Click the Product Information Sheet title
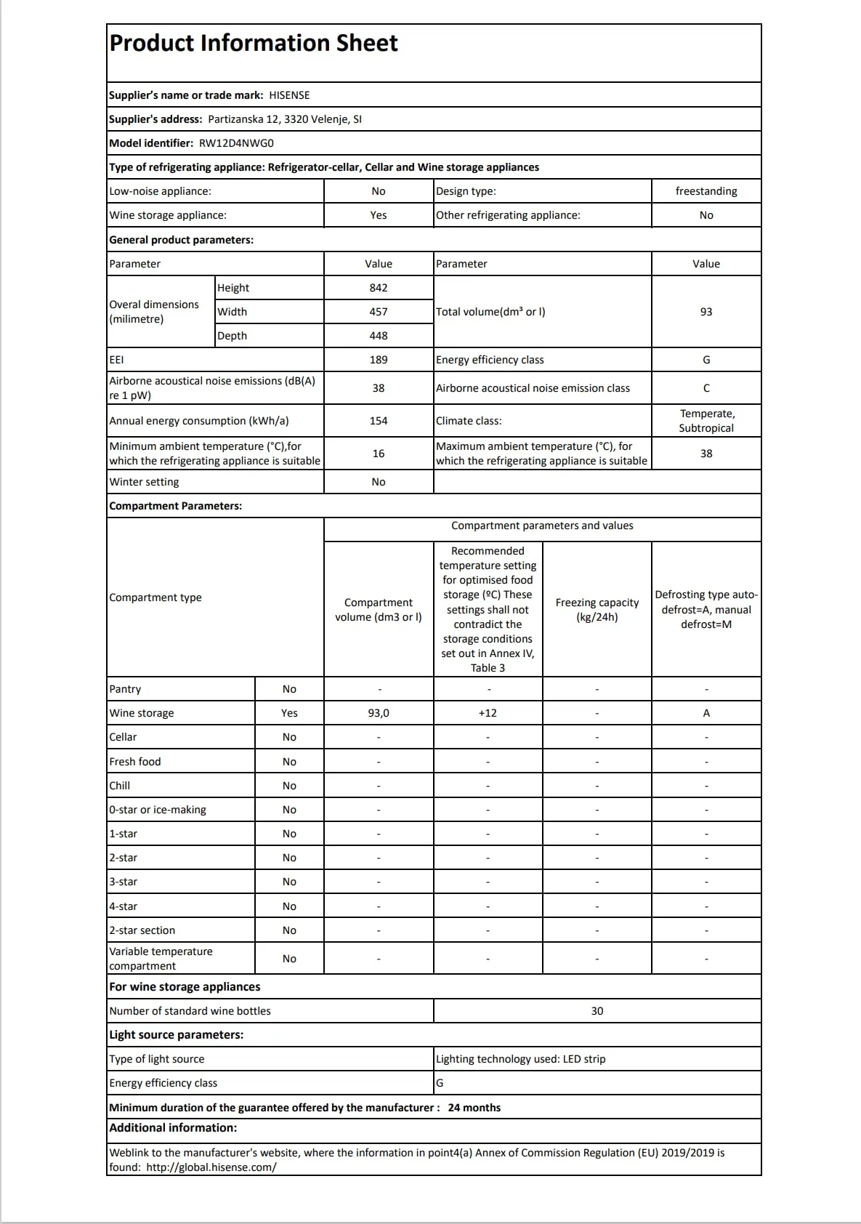tap(254, 44)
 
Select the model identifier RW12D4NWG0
tap(236, 143)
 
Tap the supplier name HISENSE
tap(289, 95)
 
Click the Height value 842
tap(379, 288)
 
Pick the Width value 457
tap(379, 312)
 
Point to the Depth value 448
tap(379, 336)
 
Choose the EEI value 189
tap(379, 360)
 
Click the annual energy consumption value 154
tap(379, 421)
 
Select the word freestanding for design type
tap(706, 191)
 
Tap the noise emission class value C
tap(706, 388)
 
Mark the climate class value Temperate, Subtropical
tap(706, 421)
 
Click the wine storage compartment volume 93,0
tap(379, 713)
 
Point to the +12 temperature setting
tap(488, 713)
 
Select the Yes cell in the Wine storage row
tap(289, 713)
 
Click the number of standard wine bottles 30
tap(597, 1011)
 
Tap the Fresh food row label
tap(135, 762)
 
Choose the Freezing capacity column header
tap(597, 610)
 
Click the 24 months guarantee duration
tap(474, 1108)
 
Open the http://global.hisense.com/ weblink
tap(211, 1167)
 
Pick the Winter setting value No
tap(379, 482)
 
